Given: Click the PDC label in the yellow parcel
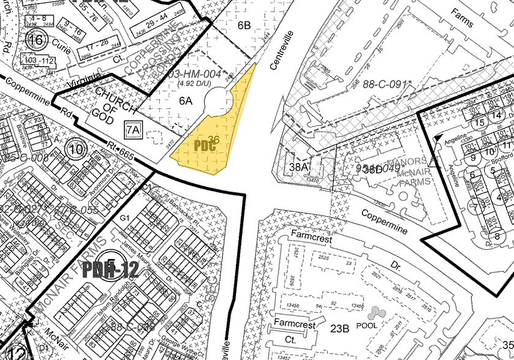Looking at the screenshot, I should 204,146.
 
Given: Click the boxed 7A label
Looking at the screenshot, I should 133,129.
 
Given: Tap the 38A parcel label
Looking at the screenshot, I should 298,165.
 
